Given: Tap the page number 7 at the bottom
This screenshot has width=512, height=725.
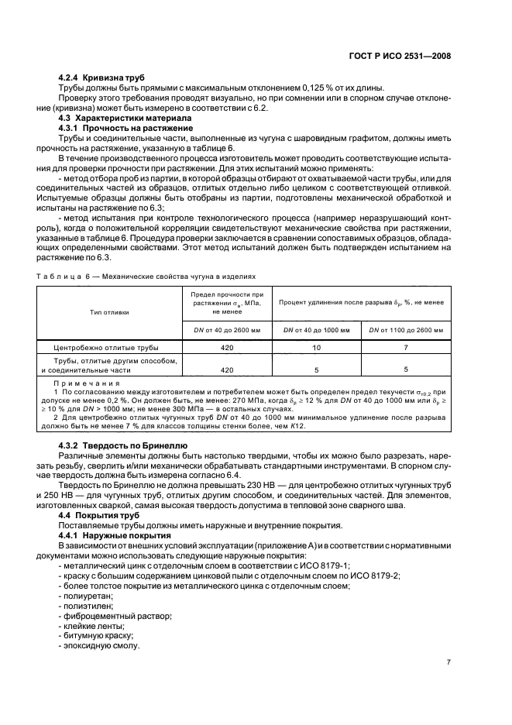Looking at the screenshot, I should click(448, 662).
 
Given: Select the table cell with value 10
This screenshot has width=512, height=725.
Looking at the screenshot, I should click(317, 348).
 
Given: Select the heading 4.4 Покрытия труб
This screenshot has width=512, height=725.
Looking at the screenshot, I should click(97, 514).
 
